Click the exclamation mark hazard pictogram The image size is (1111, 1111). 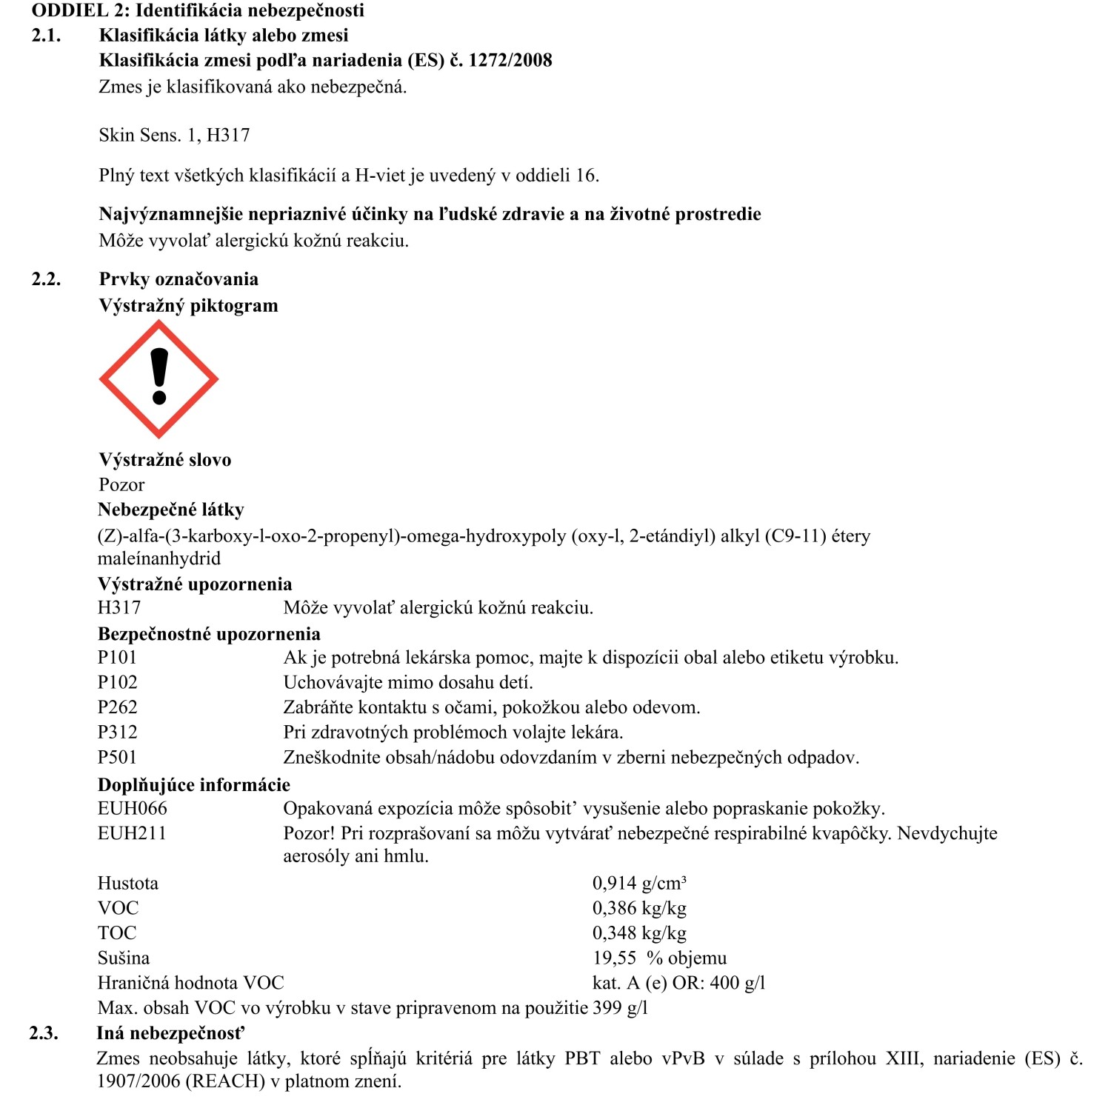pos(159,378)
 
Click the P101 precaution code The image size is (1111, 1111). pos(117,657)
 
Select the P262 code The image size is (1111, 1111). pos(117,707)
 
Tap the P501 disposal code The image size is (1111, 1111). pos(117,757)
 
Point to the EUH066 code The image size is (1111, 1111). pos(133,808)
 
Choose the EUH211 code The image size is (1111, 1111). pos(132,833)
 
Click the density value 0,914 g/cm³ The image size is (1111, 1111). pos(639,883)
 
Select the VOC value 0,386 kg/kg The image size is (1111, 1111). pos(639,908)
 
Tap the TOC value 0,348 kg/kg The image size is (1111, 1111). pos(639,933)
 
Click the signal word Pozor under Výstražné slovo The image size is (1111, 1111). pos(121,484)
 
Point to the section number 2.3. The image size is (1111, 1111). pos(44,1033)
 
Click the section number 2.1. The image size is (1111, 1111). pos(46,36)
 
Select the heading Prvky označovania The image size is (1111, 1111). pos(179,279)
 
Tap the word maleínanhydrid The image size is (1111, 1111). pos(159,558)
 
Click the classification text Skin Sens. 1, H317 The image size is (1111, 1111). pos(174,135)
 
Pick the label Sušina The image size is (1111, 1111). pos(124,958)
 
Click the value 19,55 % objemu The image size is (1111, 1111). pos(659,958)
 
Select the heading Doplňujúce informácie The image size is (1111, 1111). pos(194,784)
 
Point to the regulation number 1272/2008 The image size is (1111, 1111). pos(510,60)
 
